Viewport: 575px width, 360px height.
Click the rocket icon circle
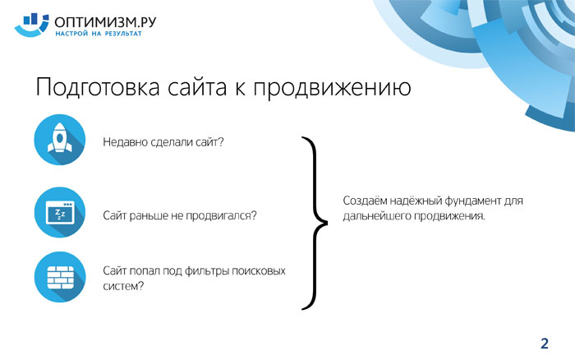pos(60,140)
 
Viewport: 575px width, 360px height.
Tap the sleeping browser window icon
pos(60,212)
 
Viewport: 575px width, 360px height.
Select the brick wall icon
pos(60,277)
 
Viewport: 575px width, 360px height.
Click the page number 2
pos(545,344)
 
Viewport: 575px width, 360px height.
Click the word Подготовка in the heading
pos(98,88)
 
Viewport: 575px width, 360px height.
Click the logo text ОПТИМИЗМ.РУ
pos(105,22)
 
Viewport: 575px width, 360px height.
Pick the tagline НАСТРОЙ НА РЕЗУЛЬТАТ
pos(99,34)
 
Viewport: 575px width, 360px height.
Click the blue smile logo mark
pos(31,25)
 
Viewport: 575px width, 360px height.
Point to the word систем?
pos(123,286)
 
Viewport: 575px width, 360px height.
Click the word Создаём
pos(365,201)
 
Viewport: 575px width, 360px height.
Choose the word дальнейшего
pos(377,216)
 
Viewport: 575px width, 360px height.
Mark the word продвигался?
pos(221,215)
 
